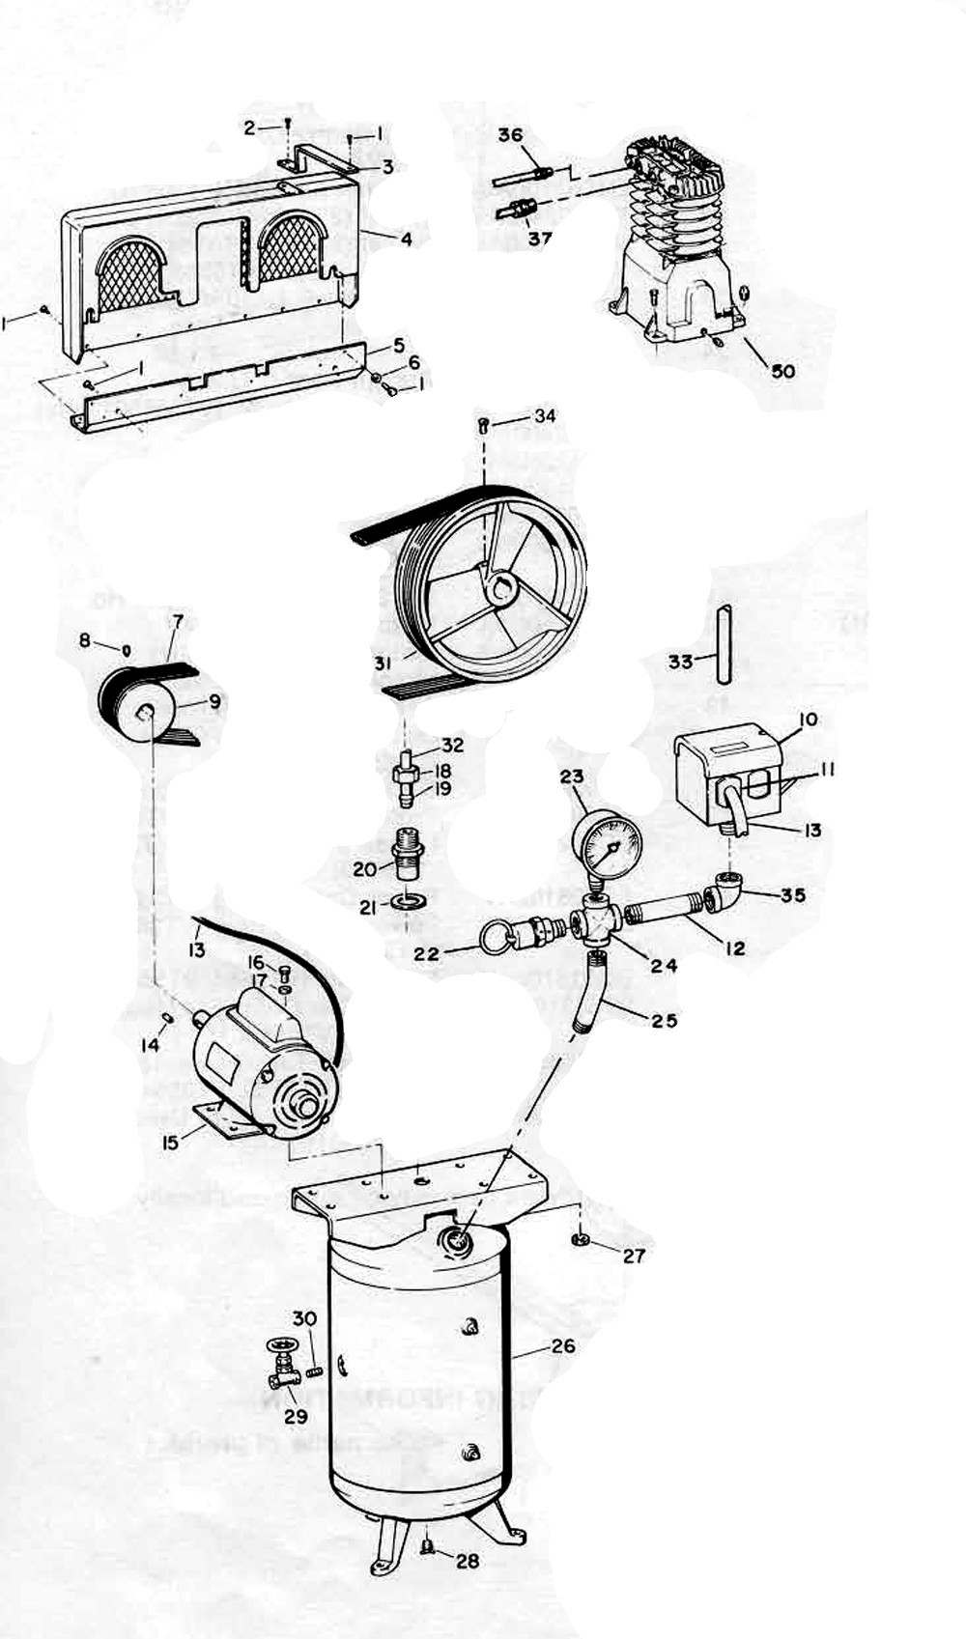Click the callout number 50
point(783,370)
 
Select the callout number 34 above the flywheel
point(546,415)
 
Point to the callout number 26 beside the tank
point(562,1345)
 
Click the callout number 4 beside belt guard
point(407,238)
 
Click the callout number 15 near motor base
point(170,1143)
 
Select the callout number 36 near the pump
point(511,135)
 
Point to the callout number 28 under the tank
point(468,1560)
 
